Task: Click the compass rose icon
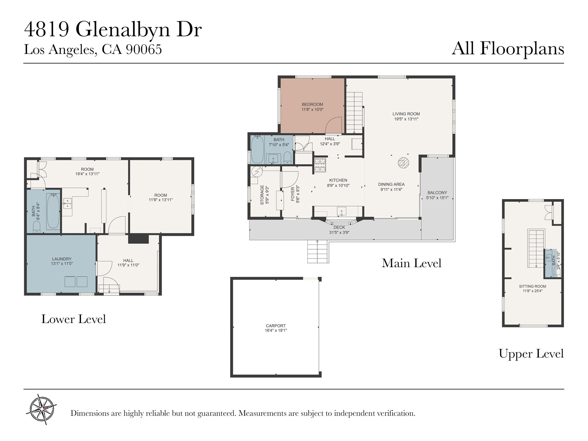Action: point(42,409)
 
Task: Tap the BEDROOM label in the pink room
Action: point(312,105)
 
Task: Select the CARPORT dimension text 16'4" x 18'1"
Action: point(276,331)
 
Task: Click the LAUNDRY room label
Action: point(62,259)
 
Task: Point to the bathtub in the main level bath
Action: point(257,149)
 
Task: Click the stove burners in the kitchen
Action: point(320,165)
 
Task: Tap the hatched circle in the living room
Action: point(403,163)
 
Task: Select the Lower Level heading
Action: point(74,319)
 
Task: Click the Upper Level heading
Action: point(531,354)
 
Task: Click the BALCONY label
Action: point(437,193)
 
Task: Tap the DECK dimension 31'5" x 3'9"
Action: point(339,232)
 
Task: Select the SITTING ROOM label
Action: point(532,286)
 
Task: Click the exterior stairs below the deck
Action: point(318,252)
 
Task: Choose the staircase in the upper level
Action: point(536,249)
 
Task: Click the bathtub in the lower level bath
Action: point(53,211)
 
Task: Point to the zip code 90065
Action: point(144,49)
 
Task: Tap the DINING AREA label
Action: point(391,184)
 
